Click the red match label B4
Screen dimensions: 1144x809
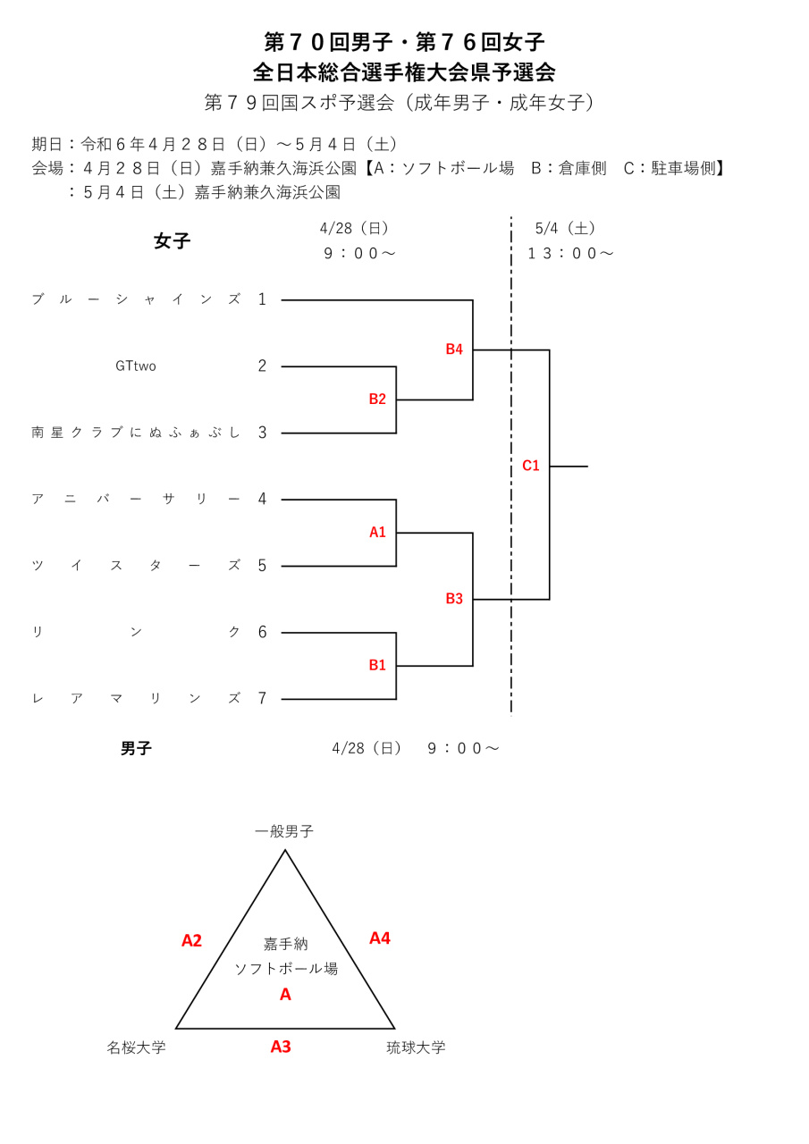coord(454,349)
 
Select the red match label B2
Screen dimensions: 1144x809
coord(377,400)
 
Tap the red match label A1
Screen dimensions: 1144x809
coord(377,533)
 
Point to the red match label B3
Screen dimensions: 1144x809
coord(454,599)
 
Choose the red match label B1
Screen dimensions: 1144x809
coord(377,666)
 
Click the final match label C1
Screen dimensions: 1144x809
coord(531,466)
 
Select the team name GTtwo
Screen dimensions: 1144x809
coord(136,366)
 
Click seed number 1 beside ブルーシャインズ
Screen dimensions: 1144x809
coord(262,299)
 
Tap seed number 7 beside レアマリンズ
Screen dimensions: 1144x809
coord(262,699)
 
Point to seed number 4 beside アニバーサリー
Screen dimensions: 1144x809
coord(262,500)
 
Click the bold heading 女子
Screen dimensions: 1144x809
coord(172,241)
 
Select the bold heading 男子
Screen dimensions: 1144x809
coord(136,749)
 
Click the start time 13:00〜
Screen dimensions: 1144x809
coord(570,254)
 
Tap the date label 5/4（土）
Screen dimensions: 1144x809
coord(567,229)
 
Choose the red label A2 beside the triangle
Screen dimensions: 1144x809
coord(191,940)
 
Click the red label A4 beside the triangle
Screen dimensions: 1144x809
coord(380,938)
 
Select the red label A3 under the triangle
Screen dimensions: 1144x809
coord(281,1047)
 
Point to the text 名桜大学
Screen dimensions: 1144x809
coord(136,1047)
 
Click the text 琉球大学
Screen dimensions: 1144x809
coord(416,1047)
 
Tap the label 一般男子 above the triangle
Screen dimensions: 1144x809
coord(284,832)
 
